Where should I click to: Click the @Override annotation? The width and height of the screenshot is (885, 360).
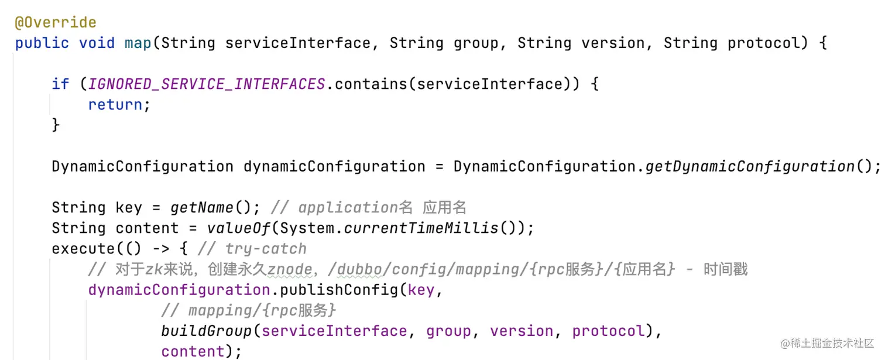coord(56,23)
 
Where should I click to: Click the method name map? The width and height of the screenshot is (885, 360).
coord(138,43)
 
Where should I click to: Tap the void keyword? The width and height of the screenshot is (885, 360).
coord(97,43)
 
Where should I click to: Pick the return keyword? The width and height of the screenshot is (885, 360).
coord(115,105)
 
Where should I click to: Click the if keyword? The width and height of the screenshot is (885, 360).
coord(60,84)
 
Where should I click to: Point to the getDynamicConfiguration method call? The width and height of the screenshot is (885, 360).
coord(750,167)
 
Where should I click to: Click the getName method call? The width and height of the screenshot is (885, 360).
coord(202,208)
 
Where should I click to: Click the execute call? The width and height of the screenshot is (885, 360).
coord(84,249)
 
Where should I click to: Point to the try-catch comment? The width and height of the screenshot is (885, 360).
coord(266,249)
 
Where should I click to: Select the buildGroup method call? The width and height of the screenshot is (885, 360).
coord(207,331)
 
